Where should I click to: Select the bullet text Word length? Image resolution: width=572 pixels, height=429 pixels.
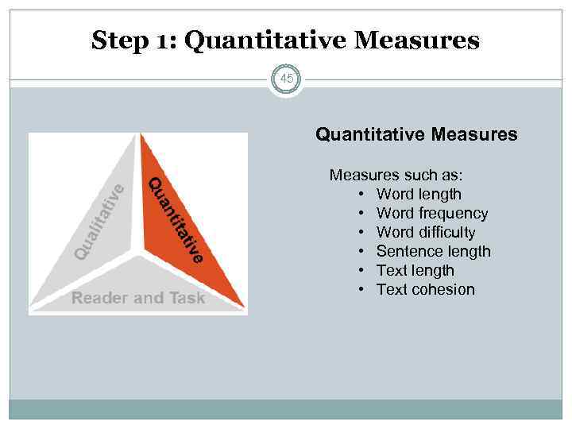click(x=419, y=194)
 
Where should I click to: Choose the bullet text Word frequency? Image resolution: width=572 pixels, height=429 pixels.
click(x=432, y=213)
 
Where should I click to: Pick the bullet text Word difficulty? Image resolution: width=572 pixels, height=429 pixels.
click(x=426, y=232)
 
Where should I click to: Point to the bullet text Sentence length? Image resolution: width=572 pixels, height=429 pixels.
click(x=434, y=251)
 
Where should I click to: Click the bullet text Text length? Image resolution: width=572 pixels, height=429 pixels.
click(x=415, y=270)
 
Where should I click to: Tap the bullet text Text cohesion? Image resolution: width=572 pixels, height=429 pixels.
click(x=426, y=289)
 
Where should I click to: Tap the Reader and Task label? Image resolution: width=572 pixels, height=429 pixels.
click(x=138, y=298)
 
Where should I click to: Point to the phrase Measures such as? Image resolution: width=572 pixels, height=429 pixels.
click(x=396, y=175)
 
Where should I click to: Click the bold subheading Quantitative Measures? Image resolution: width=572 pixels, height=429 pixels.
click(x=416, y=135)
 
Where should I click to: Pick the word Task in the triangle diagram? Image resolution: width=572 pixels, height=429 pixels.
click(x=186, y=298)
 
